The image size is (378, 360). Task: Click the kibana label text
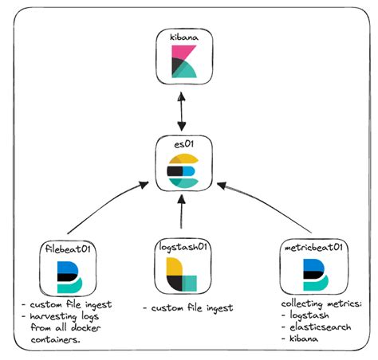pos(185,38)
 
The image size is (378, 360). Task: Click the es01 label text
pos(185,146)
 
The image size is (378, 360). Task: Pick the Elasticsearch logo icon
pos(185,170)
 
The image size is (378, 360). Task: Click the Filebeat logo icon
pos(67,274)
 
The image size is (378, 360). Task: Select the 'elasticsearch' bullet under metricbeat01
pos(317,327)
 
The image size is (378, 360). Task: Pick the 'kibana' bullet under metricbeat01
pos(305,339)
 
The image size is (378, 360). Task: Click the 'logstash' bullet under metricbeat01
pos(309,316)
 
